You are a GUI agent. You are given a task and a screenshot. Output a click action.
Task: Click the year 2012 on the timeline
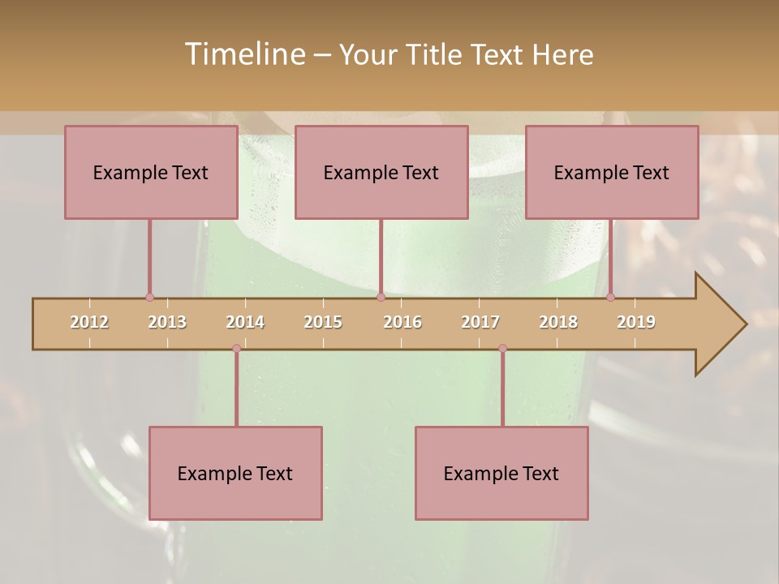89,322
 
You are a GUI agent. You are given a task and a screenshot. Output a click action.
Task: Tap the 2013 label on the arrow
167,322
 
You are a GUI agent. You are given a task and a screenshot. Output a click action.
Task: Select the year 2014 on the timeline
245,322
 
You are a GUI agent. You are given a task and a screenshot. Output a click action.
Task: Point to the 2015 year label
323,322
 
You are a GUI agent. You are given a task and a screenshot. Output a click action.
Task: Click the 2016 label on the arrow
402,322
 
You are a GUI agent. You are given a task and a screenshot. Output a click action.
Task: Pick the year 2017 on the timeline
480,322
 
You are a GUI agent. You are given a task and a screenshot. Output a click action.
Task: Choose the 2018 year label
558,322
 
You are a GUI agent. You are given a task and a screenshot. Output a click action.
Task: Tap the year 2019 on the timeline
636,322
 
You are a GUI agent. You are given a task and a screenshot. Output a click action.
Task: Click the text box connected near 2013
151,172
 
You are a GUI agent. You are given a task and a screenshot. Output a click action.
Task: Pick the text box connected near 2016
381,172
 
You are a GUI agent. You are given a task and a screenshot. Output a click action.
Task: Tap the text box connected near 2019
612,172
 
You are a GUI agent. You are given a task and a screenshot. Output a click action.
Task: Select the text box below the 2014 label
235,473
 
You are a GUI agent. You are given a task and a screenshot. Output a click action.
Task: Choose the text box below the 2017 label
501,473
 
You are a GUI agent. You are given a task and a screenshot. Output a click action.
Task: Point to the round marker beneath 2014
236,349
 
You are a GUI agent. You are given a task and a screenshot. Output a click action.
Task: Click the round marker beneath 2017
502,349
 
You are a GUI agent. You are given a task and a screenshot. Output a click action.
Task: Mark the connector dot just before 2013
149,297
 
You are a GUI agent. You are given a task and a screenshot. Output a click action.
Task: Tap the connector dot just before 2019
610,297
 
